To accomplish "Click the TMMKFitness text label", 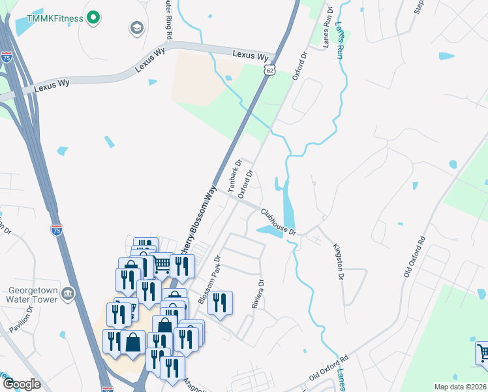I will click(55, 18).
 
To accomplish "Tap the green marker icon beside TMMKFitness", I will click(93, 18).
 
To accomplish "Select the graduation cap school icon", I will click(137, 27).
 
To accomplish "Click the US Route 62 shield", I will click(269, 69).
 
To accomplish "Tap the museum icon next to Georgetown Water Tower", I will click(68, 295).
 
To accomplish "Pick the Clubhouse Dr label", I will click(279, 222).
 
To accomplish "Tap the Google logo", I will click(22, 384).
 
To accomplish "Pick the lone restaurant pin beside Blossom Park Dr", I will click(222, 303).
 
